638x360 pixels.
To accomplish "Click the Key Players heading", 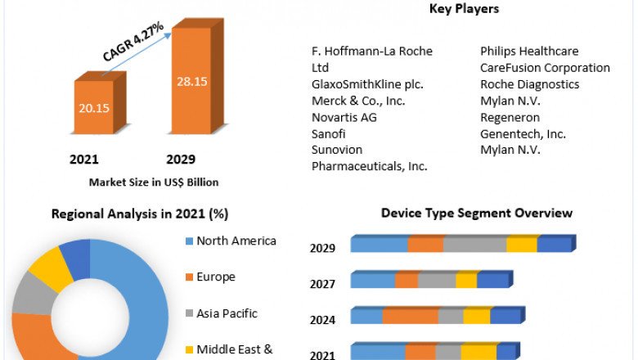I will coord(464,9).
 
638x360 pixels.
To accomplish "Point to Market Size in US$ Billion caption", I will coord(154,182).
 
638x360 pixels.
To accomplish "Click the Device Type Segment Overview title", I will coord(476,213).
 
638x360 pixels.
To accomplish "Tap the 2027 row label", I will coord(322,284).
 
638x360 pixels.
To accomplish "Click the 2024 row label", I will coord(322,320).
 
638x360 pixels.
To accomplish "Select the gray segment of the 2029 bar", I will coord(474,245).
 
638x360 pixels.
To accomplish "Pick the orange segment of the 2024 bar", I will coord(410,317).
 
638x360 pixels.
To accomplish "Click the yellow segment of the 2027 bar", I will coord(466,281).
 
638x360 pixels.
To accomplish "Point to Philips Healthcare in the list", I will coord(529,51).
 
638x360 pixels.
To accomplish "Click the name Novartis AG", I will coord(344,117).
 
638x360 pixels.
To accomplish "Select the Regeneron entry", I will coord(509,117).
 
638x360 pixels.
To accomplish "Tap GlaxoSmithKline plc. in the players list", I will coord(367,84).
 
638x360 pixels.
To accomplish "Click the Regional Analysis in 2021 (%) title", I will coord(140,214).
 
